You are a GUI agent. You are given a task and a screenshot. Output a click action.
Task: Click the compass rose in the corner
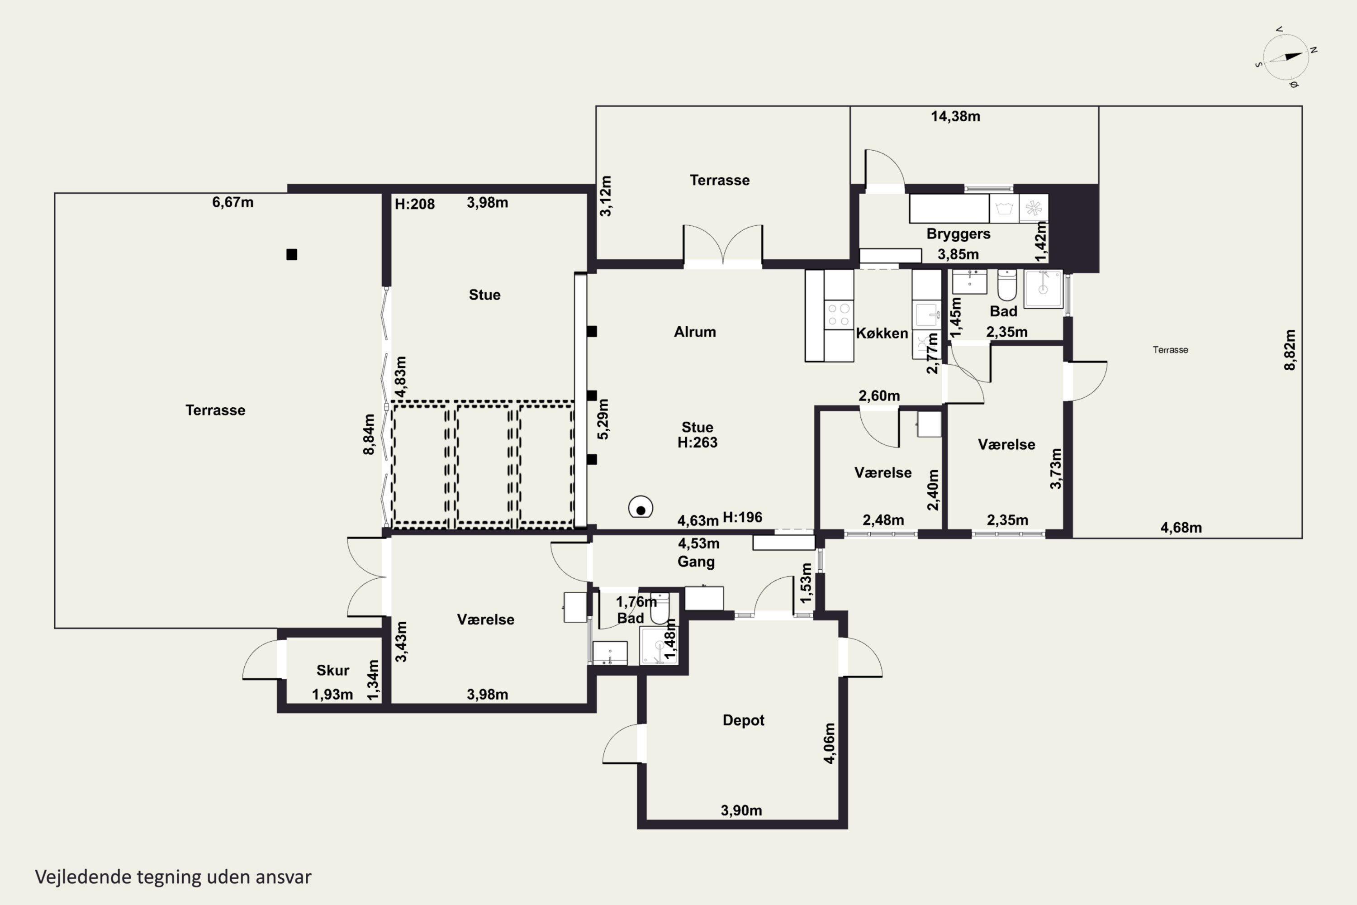click(x=1286, y=58)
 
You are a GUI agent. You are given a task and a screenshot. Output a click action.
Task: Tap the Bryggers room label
click(x=958, y=234)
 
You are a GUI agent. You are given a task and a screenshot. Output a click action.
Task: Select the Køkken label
click(x=882, y=333)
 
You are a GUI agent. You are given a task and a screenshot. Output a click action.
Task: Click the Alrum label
click(x=695, y=332)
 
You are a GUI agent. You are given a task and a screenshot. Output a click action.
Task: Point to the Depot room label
click(x=743, y=720)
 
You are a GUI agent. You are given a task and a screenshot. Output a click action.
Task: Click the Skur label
click(x=333, y=670)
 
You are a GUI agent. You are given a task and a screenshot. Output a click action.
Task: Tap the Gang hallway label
click(x=696, y=562)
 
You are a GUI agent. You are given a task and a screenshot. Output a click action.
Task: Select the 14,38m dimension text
click(x=955, y=117)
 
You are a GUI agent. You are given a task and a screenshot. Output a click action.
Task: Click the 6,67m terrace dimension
click(x=232, y=202)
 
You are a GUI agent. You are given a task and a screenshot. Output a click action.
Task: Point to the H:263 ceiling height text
click(x=697, y=443)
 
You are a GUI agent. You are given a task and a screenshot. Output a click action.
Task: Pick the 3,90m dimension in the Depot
click(x=741, y=810)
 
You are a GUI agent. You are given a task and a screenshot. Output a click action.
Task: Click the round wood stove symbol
click(x=641, y=508)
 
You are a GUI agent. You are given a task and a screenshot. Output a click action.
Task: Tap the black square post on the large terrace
click(x=292, y=254)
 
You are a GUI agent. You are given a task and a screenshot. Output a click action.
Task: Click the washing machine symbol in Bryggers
click(x=1004, y=208)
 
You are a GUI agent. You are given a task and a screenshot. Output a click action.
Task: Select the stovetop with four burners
click(x=838, y=314)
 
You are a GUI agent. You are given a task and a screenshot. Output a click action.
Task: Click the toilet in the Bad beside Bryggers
click(x=1007, y=285)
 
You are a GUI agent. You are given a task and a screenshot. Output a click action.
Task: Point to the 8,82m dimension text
click(x=1290, y=350)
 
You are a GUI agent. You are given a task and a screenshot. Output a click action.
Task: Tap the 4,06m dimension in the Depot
click(x=829, y=743)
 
